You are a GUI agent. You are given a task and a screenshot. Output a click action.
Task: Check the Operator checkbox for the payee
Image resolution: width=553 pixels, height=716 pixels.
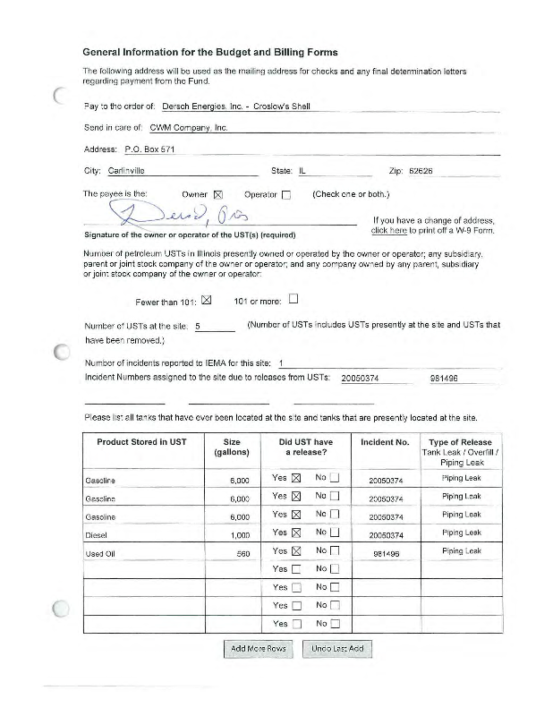[x=286, y=194]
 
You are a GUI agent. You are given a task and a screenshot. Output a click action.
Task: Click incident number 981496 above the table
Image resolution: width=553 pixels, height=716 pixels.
[x=444, y=379]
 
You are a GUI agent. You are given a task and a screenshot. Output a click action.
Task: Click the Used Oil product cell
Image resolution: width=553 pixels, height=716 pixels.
[x=99, y=553]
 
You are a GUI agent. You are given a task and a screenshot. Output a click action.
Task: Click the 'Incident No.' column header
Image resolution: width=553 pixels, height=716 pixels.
[x=385, y=442]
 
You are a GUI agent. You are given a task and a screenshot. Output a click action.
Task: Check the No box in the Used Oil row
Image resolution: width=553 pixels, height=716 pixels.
[x=335, y=552]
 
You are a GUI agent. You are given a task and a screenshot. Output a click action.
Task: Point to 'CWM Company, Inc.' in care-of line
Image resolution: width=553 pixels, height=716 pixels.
[x=189, y=128]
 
